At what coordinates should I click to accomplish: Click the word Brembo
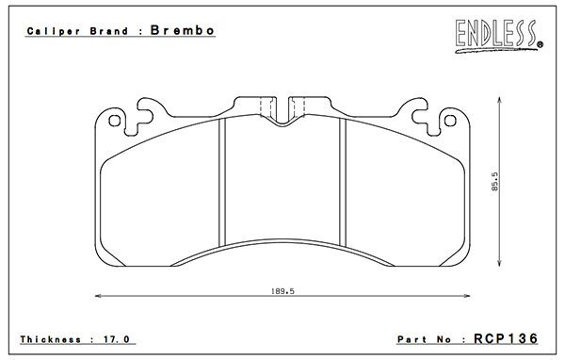point(183,30)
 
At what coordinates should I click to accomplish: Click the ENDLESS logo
point(499,36)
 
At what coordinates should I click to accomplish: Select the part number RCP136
point(506,338)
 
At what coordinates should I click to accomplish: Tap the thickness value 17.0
point(117,339)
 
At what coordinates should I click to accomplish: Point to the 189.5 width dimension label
point(282,291)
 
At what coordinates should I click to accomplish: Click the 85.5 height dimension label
point(494,182)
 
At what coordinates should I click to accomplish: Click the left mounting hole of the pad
point(115,121)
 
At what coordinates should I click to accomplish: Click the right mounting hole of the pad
point(450,121)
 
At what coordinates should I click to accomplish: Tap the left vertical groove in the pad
point(222,182)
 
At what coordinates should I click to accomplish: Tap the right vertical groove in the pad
point(343,182)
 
